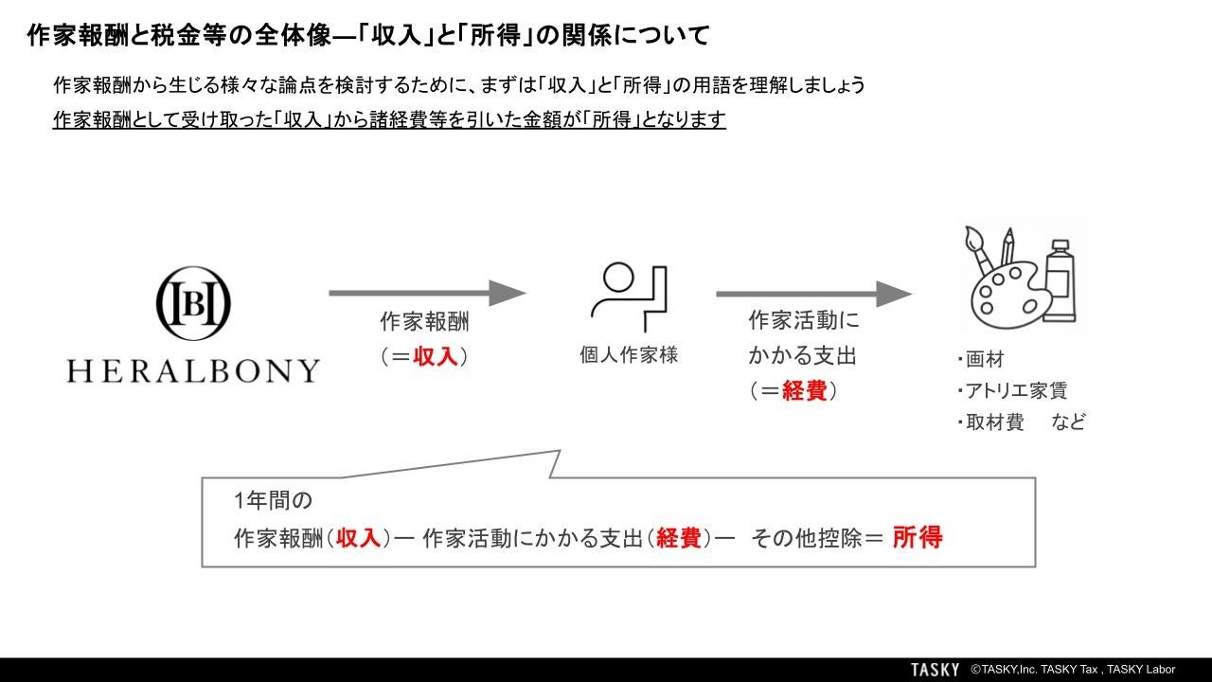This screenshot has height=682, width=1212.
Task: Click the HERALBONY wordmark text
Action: point(193,370)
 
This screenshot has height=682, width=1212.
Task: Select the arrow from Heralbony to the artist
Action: point(426,294)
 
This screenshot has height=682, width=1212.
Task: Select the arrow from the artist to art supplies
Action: point(813,294)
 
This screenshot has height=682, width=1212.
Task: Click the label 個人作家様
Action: point(629,355)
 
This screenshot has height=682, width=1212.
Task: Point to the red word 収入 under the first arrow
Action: point(436,357)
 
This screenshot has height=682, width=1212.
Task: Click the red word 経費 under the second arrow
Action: point(805,390)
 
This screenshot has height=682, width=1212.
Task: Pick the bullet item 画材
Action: point(985,360)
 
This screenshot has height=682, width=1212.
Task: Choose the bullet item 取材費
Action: point(994,422)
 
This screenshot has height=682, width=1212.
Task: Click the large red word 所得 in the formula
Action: point(917,538)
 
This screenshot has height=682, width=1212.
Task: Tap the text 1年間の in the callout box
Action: point(273,499)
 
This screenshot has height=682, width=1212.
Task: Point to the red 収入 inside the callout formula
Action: point(358,539)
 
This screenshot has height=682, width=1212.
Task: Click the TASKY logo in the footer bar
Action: point(935,670)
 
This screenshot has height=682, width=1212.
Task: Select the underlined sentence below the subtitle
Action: point(389,120)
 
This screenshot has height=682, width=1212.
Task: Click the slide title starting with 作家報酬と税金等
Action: point(368,37)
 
